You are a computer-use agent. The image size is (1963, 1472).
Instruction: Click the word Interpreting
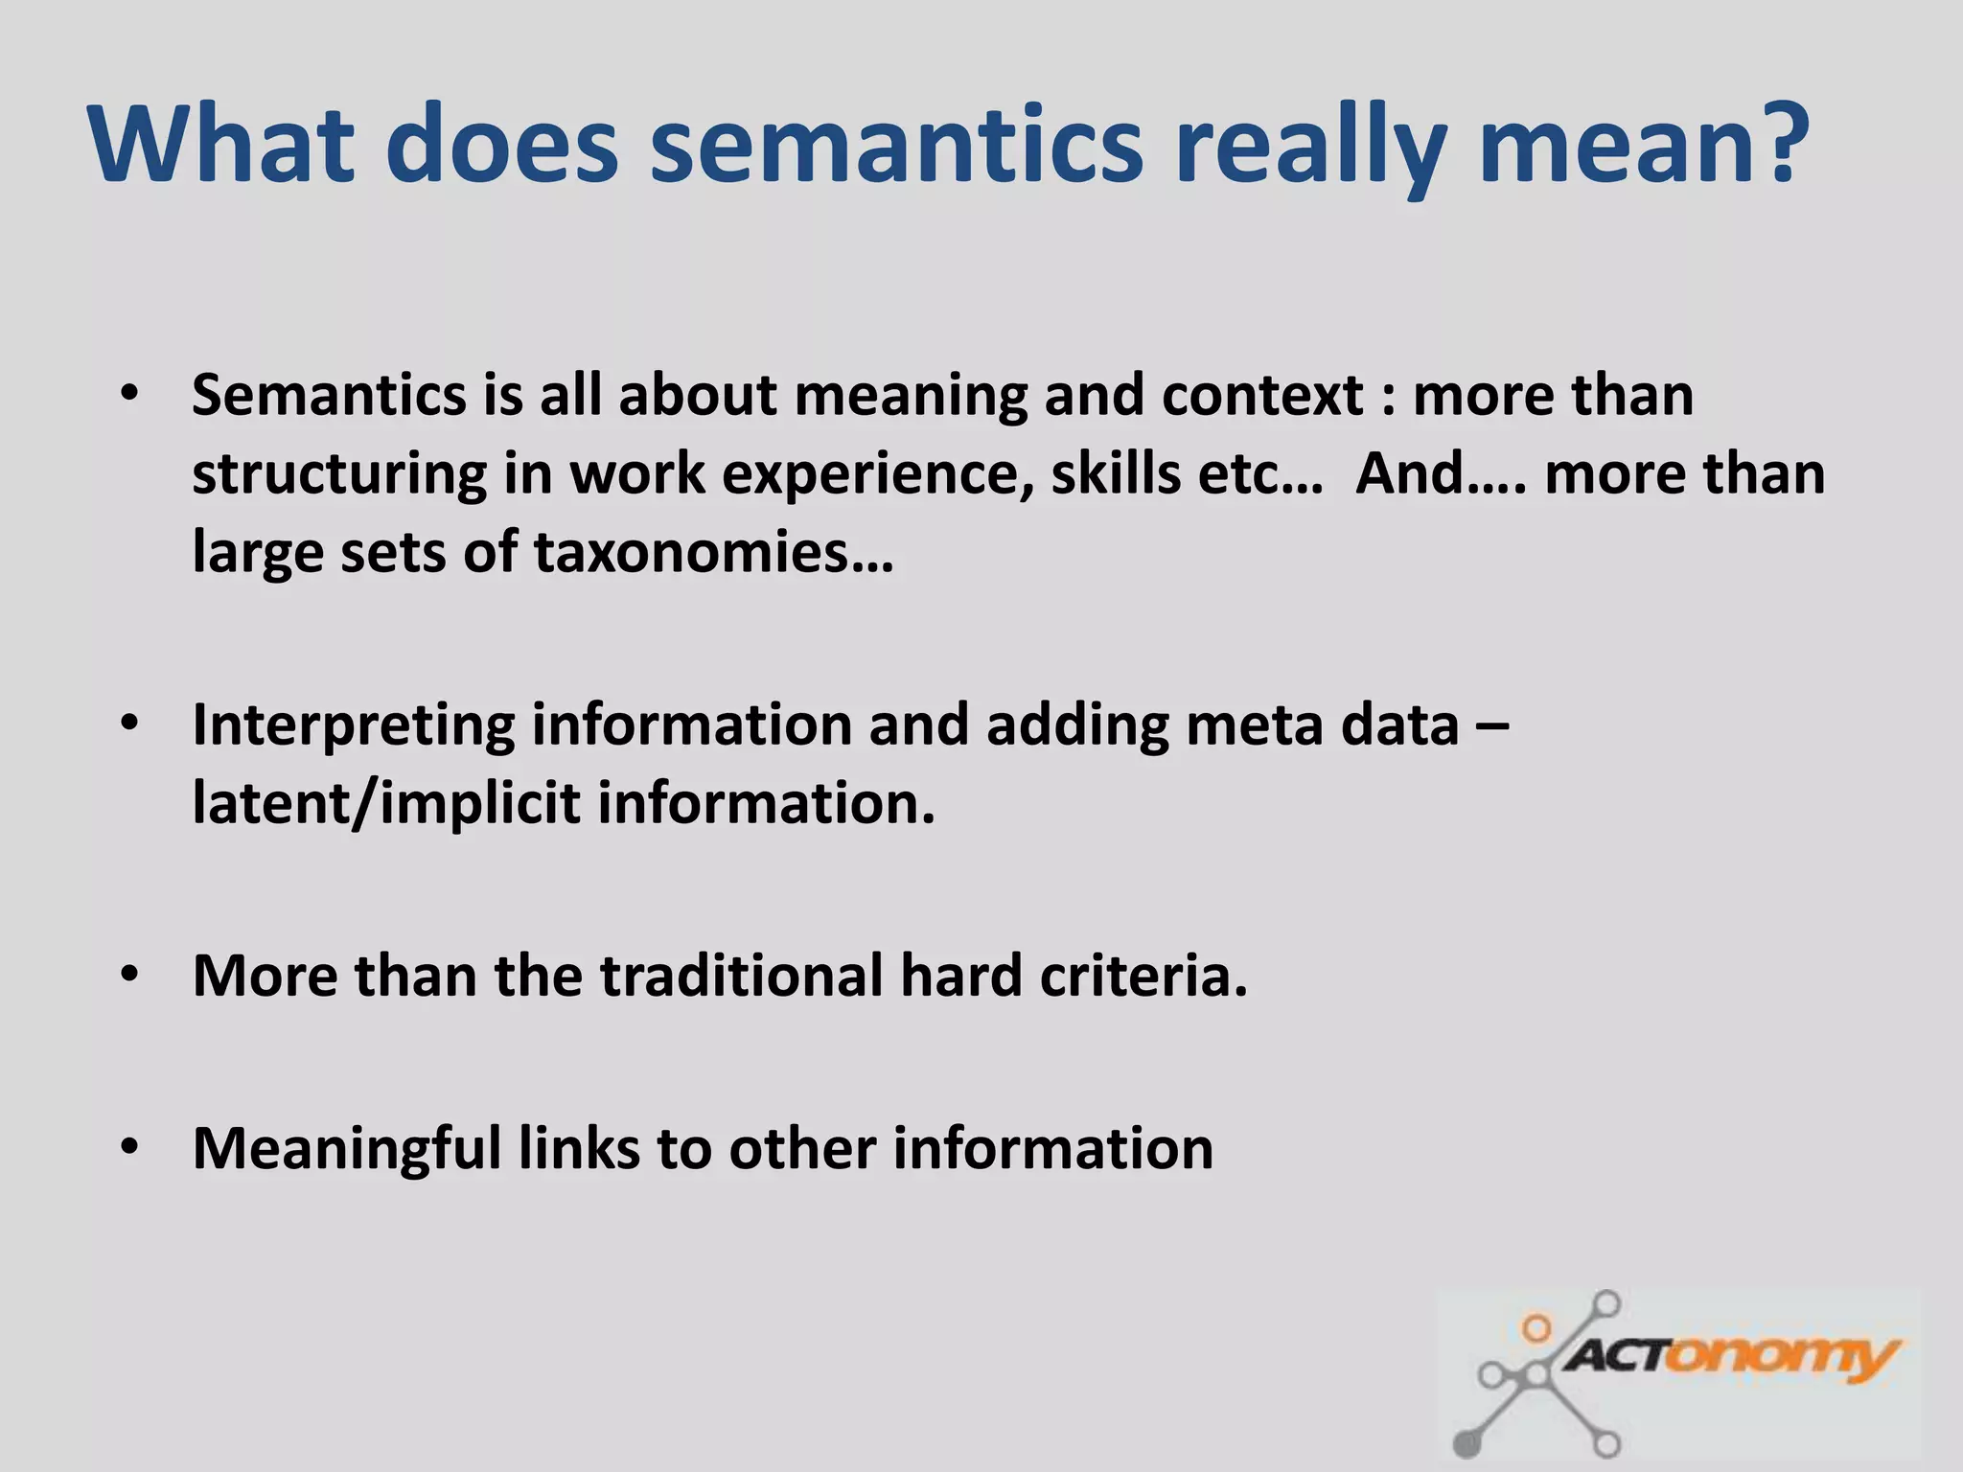point(353,725)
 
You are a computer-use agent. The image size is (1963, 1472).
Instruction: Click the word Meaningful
point(346,1149)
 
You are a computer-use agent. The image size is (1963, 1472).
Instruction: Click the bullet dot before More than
point(130,975)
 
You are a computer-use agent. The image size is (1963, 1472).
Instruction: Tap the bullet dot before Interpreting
point(130,724)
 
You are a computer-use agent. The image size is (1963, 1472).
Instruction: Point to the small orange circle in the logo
point(1536,1328)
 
